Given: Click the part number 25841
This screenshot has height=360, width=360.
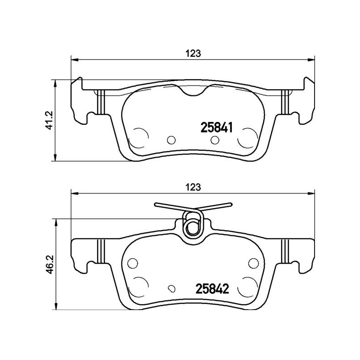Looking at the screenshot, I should pyautogui.click(x=216, y=128).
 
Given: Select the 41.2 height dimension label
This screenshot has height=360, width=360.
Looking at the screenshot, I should pyautogui.click(x=50, y=121).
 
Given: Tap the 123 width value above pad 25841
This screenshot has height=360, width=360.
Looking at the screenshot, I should pyautogui.click(x=193, y=53).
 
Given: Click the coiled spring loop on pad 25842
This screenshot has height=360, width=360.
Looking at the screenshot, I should pyautogui.click(x=193, y=224).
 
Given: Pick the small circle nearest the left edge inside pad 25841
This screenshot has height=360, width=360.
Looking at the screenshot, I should pyautogui.click(x=171, y=140).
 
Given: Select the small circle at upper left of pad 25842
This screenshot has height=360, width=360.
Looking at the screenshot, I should pyautogui.click(x=132, y=263).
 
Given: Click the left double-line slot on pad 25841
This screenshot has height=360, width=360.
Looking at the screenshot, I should pyautogui.click(x=101, y=102).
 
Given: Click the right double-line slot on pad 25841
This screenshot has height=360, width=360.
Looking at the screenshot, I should pyautogui.click(x=284, y=102).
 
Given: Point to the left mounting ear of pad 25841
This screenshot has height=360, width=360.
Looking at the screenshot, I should pyautogui.click(x=78, y=100).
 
